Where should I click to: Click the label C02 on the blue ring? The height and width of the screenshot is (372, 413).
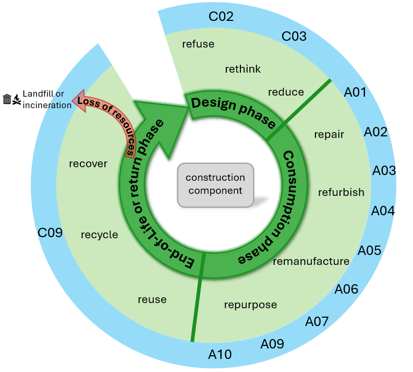pos(221,16)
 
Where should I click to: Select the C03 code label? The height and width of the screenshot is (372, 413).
pos(294,37)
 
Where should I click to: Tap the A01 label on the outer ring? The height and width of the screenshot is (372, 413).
pos(356,93)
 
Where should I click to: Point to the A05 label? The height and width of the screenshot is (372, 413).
pos(370,250)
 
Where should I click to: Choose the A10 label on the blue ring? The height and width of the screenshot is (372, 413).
pos(220,355)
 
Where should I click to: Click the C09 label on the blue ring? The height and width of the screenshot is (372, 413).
pos(50,232)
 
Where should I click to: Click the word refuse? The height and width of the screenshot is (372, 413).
pos(198,44)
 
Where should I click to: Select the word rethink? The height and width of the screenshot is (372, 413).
pos(243,69)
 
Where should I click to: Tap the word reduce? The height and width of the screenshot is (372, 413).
pos(286,92)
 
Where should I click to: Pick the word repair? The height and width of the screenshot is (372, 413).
pos(329,134)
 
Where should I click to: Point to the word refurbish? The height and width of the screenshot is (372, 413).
pos(341,192)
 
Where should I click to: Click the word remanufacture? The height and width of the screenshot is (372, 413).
pos(311,261)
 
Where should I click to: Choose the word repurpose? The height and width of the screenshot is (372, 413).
pos(250,305)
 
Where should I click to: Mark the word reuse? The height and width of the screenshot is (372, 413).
pos(152,299)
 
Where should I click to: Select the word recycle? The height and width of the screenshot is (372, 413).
pos(100,235)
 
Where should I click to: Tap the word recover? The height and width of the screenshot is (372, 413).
pos(88,164)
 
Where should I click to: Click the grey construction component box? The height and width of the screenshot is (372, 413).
pos(215,184)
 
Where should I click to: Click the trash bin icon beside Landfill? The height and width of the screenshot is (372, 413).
pos(7,99)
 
